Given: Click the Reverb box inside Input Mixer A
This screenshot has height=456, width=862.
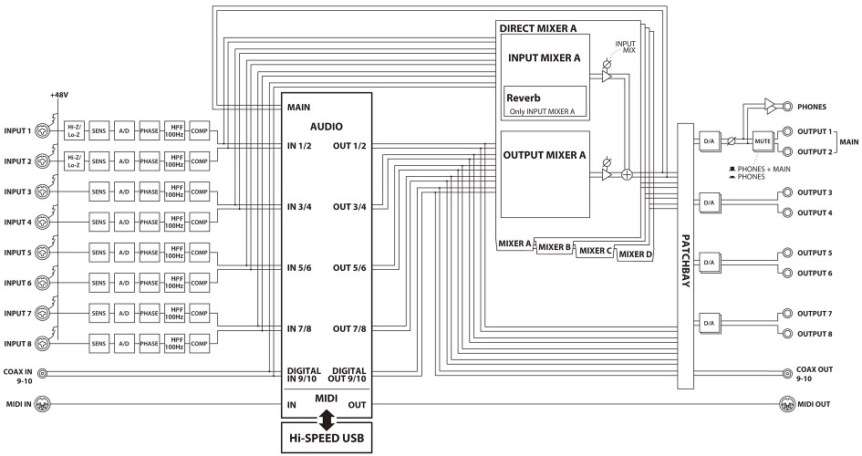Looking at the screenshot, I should coord(545,102).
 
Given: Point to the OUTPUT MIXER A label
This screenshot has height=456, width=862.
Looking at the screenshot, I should coord(545,155).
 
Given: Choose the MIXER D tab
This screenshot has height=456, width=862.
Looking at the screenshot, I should coord(635,254).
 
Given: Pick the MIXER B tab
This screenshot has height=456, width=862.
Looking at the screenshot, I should coord(555,246).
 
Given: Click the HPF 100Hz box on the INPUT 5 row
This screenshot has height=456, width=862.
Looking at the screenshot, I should coord(175,251).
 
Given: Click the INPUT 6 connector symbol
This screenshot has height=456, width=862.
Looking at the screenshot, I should coord(43,284).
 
